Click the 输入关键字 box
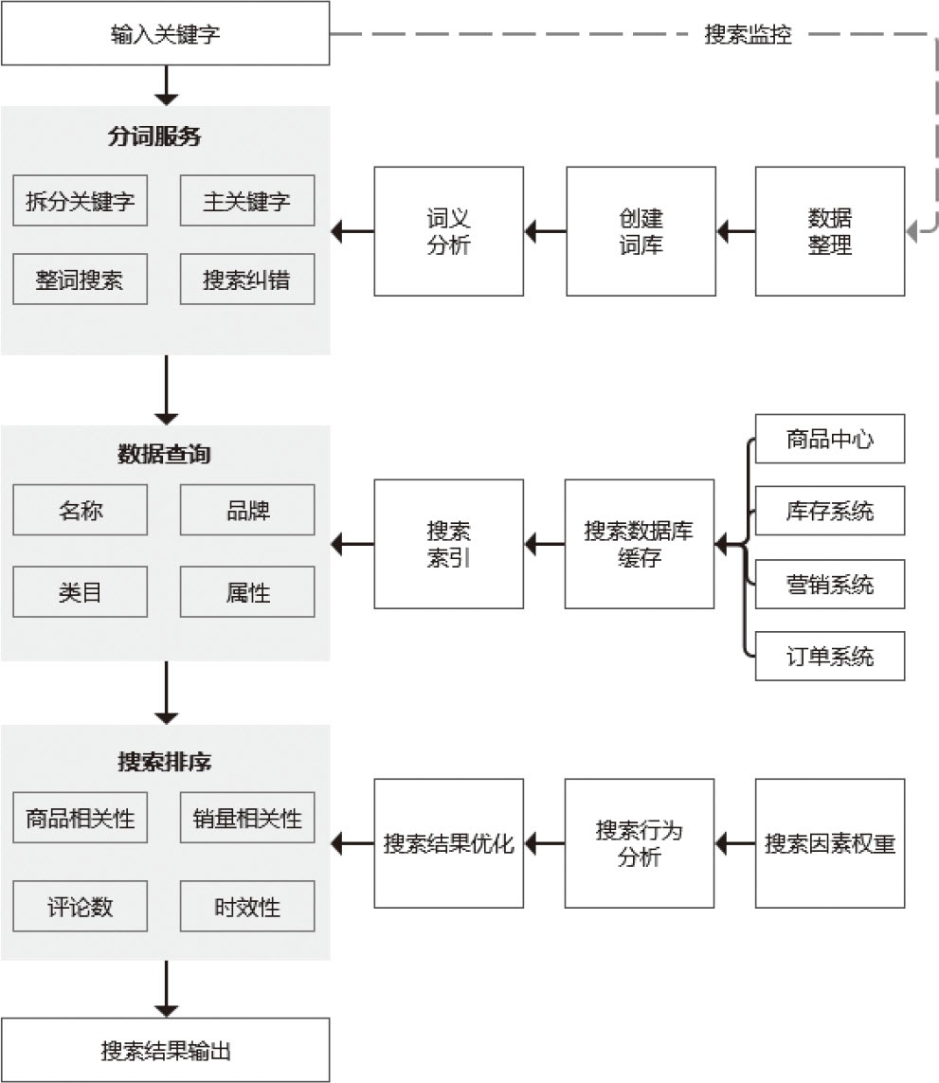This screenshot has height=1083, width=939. (165, 36)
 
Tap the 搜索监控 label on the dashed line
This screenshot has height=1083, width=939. (748, 35)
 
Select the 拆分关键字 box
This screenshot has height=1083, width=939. (81, 201)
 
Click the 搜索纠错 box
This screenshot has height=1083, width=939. (246, 280)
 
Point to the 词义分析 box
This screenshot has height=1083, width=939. (448, 231)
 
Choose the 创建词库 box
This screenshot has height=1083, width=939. (641, 231)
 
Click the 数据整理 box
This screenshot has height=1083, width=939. (829, 231)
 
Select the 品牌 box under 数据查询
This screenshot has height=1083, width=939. (246, 510)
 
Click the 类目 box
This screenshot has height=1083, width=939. (81, 591)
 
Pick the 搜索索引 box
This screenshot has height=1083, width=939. (448, 544)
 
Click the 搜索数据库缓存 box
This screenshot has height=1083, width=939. (640, 544)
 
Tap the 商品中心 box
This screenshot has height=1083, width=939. (829, 439)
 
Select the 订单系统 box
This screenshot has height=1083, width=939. (829, 656)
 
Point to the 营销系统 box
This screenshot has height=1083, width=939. (829, 584)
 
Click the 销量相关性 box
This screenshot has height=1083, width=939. (246, 818)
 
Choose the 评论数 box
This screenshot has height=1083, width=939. (81, 906)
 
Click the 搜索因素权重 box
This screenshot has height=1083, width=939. (829, 843)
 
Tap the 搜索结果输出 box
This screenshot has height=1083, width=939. (165, 1050)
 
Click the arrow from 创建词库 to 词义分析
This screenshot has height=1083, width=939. (545, 231)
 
